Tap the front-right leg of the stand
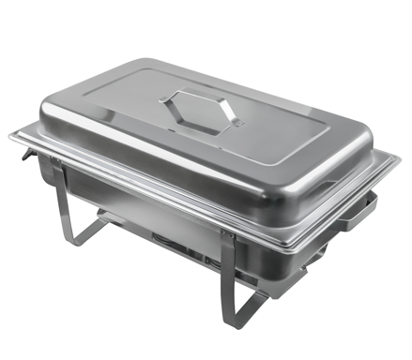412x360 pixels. point(228,267)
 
